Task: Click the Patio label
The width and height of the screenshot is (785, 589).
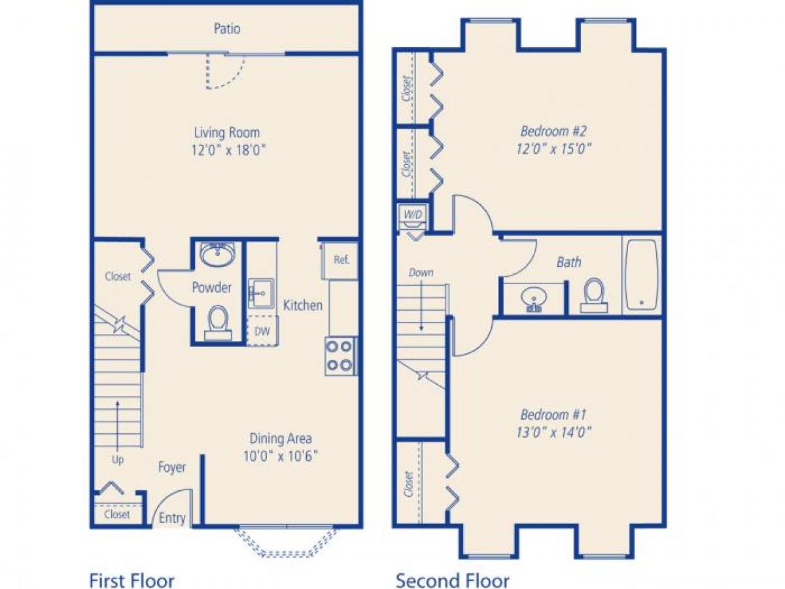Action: (227, 29)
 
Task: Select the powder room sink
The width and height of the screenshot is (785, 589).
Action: (218, 255)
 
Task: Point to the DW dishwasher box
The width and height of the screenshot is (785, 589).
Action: (262, 331)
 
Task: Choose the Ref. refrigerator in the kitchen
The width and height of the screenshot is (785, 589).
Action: (341, 260)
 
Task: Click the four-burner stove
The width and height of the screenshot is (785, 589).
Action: (341, 356)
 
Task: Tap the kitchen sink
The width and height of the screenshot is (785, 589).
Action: (263, 294)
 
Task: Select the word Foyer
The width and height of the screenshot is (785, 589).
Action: (172, 467)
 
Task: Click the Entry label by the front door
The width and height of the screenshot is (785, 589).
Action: (173, 518)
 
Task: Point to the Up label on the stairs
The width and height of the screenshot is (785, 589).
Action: (118, 460)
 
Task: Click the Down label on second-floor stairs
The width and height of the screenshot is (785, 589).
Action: (420, 272)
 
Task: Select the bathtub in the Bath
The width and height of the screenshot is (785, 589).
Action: (642, 275)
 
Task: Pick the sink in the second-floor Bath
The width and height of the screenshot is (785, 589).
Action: (534, 299)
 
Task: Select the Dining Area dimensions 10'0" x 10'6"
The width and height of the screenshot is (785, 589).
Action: (281, 456)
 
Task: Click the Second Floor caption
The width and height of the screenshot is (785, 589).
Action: (452, 580)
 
